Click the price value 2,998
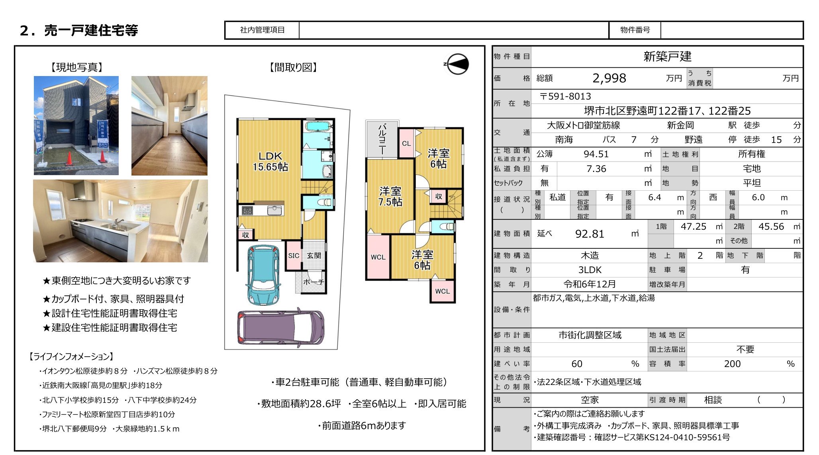point(609,78)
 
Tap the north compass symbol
point(457,64)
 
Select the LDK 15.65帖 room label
point(270,161)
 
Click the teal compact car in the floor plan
point(263,275)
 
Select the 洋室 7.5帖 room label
point(390,196)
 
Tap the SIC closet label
point(294,256)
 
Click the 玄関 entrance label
point(314,256)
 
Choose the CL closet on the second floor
point(406,143)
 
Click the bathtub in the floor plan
point(318,127)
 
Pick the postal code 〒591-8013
point(565,96)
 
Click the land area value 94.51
point(596,154)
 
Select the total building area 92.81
point(590,234)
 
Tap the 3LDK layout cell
point(590,269)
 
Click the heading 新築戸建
point(667,57)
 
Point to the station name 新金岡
point(680,125)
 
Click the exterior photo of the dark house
point(76,125)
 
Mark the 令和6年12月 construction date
point(590,284)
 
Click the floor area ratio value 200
point(732,363)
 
